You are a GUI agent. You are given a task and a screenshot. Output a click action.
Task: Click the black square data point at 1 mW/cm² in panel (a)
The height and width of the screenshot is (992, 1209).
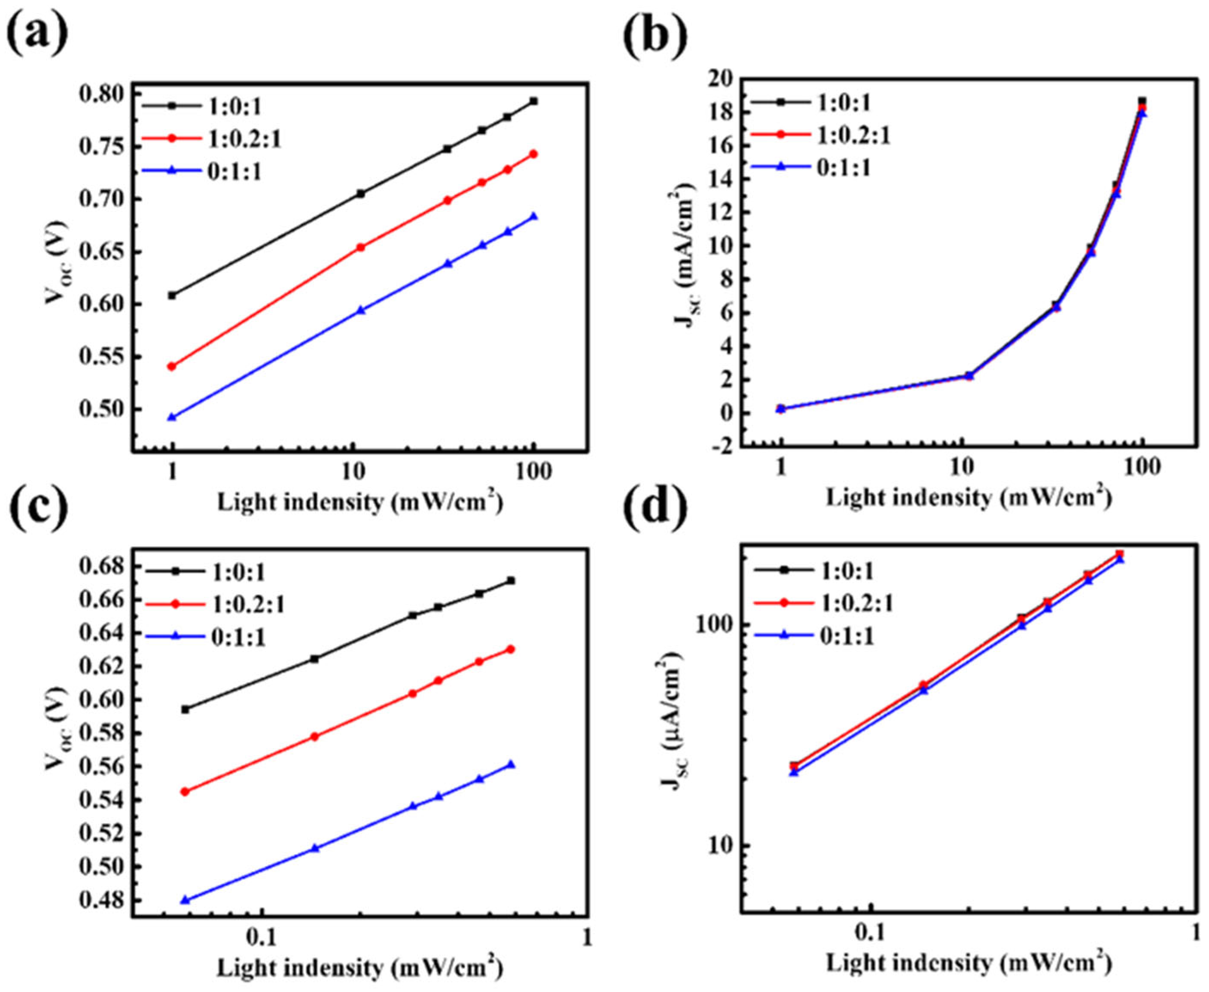tap(172, 295)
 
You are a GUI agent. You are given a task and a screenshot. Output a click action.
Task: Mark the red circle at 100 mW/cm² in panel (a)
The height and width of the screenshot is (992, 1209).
tap(533, 154)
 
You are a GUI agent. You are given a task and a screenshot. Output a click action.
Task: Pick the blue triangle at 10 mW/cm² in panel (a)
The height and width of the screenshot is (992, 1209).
tap(360, 311)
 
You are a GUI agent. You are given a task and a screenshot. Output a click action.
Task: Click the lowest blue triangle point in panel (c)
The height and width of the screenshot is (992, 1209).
tap(185, 901)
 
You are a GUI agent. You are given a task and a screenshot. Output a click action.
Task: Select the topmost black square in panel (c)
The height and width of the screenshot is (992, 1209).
tap(511, 581)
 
